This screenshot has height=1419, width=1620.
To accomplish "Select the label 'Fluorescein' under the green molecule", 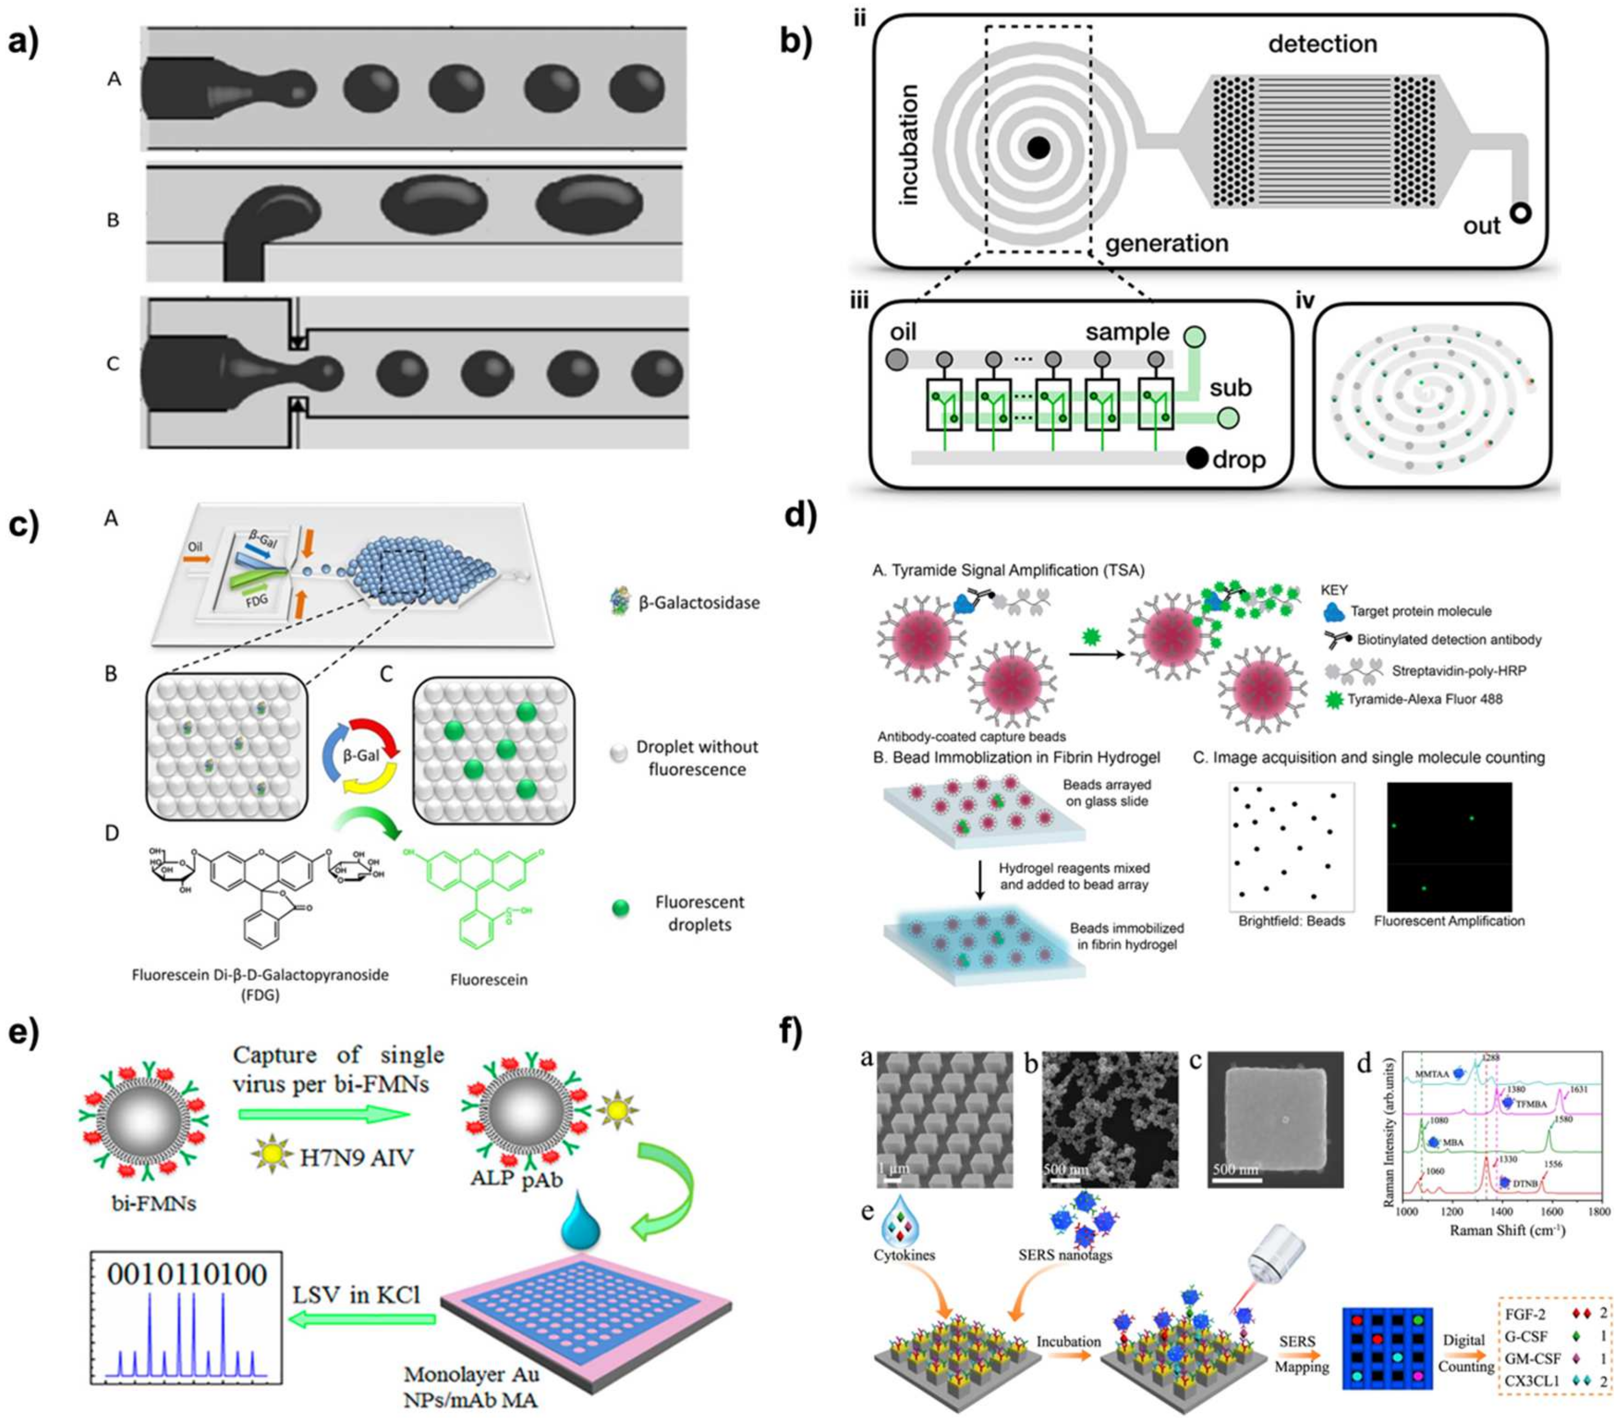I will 489,980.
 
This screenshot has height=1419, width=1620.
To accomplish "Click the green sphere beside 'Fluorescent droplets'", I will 621,908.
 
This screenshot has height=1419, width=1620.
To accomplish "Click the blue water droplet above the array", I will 580,1227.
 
